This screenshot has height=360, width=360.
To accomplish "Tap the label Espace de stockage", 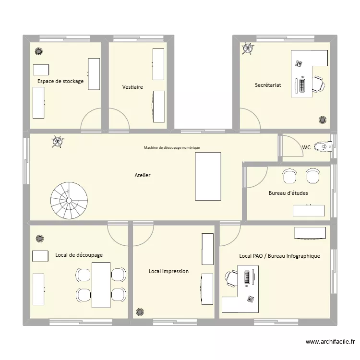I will (x=60, y=81).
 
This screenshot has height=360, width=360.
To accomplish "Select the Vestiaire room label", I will (x=132, y=87).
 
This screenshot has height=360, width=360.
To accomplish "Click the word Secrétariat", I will (x=268, y=85).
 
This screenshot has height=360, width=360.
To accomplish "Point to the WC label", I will (x=306, y=147).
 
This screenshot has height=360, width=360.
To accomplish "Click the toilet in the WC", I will (x=326, y=146).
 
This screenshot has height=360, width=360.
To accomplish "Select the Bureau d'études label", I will (x=288, y=193).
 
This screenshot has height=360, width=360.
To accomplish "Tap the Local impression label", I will (x=168, y=271).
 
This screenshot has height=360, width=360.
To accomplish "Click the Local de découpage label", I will (x=79, y=255).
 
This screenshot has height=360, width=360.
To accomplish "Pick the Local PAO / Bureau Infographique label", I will (x=279, y=256).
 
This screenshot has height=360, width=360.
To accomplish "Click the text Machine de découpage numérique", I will (x=171, y=148).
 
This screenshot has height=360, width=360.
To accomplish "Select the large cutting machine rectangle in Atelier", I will (x=208, y=176).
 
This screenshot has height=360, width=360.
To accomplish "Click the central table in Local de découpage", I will (x=101, y=285).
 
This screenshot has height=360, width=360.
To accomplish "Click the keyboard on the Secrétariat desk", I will (x=302, y=85).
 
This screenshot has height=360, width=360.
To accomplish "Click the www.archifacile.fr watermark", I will (x=330, y=342).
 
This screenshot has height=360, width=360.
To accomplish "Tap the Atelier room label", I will (x=143, y=175).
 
